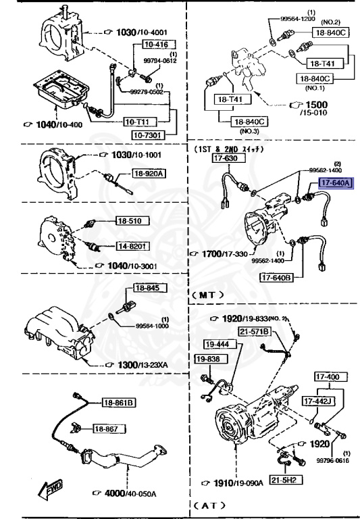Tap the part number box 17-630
226,159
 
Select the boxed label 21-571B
253,331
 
